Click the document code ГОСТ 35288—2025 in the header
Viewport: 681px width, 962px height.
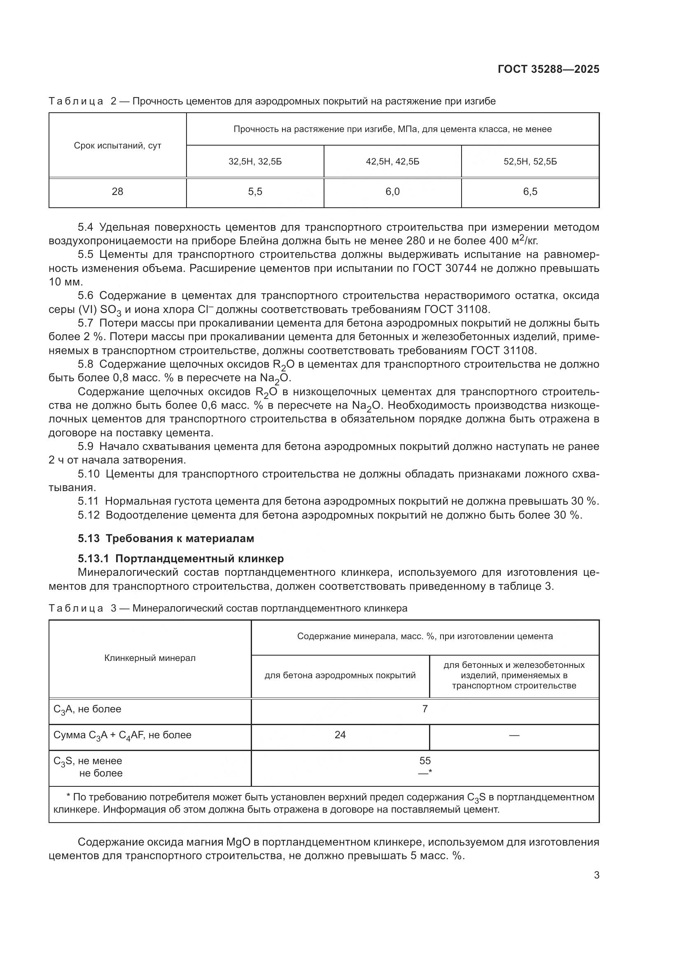coord(548,69)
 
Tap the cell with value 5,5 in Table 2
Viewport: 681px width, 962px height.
coord(255,192)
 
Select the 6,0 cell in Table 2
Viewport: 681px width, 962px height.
coord(392,192)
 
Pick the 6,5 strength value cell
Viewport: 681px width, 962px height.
coord(530,192)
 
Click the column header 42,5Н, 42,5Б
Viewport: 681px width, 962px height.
coord(392,162)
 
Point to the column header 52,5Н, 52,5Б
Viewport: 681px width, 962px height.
coord(530,162)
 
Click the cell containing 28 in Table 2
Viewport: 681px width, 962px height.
coord(117,192)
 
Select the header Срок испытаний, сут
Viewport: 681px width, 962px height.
coord(117,146)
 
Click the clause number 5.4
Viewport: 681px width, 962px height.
coord(86,227)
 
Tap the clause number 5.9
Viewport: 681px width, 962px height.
coord(86,447)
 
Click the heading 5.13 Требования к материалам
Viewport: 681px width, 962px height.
coord(166,538)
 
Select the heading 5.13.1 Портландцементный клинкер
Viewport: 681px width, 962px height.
coord(180,559)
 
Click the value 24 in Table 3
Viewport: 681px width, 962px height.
coord(340,735)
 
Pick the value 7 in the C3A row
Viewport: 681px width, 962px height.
coord(425,709)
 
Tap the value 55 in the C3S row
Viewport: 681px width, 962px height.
coord(425,761)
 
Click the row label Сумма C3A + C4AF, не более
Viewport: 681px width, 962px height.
coord(122,735)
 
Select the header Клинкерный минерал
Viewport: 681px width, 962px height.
coord(150,658)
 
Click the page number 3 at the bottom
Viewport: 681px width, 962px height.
coord(596,875)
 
